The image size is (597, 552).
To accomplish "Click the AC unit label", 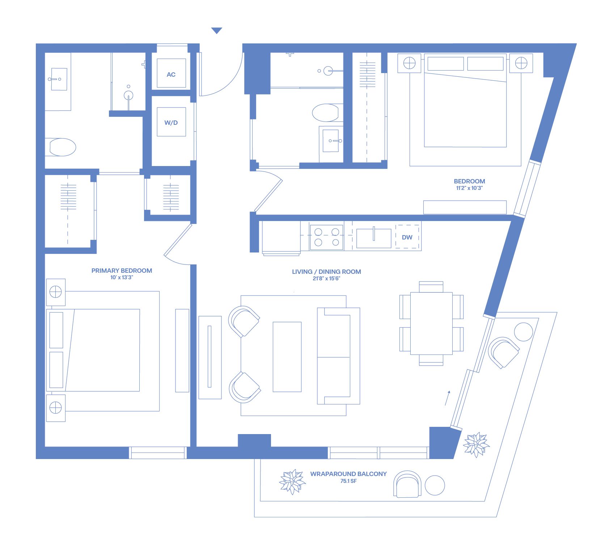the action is pos(171,75).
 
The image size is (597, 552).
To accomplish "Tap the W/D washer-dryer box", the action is pos(171,122).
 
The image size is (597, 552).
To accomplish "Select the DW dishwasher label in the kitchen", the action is pos(407,237).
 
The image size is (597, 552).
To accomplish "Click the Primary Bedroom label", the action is pos(122,271).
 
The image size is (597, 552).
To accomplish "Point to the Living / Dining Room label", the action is pos(326,272).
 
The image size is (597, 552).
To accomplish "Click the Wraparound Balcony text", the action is pos(348,474).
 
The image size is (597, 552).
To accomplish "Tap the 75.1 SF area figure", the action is pos(348,481).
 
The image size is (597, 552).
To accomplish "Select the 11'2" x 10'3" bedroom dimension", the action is pos(469,188).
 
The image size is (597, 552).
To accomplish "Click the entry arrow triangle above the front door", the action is pos(217,31).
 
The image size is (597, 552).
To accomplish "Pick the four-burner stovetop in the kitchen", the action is pos(327,237).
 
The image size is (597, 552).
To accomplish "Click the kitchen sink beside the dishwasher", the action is pos(374,238).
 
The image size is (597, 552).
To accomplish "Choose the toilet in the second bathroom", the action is pos(326,113).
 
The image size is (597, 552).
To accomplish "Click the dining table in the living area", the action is pos(431,323).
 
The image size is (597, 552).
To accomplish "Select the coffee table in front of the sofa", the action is pos(287,357).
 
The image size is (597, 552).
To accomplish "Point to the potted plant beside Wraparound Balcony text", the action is pos(292,482).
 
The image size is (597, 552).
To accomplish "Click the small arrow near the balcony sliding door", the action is pos(448,398).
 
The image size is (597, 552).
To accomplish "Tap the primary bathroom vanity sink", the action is pos(59,79).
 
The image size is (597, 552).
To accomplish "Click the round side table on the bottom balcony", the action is pos(435,485).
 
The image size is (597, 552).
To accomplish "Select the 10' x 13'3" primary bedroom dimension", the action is pos(122,277).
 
